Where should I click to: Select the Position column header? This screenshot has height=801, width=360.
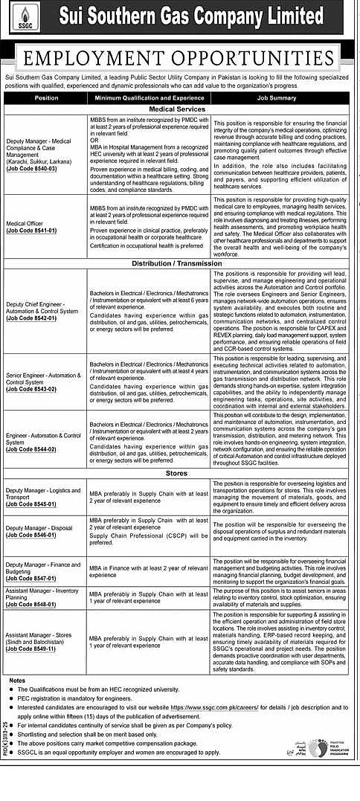click(46, 97)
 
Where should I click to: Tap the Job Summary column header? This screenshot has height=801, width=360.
click(276, 97)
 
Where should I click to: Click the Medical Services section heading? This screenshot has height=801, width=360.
click(181, 109)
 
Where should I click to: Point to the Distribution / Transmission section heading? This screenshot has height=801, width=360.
click(181, 264)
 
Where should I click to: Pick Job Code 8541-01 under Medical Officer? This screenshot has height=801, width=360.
click(31, 231)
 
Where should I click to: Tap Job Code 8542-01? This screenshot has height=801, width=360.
click(31, 318)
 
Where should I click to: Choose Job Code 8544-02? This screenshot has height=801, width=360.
click(31, 449)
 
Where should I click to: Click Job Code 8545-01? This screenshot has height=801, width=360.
click(31, 504)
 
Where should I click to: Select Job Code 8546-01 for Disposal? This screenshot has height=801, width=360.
click(31, 534)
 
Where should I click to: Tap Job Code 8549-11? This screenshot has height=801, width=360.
click(31, 649)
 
